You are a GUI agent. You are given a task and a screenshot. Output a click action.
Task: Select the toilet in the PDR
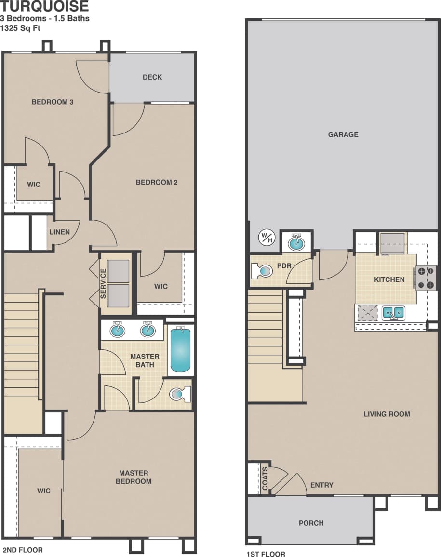(263, 271)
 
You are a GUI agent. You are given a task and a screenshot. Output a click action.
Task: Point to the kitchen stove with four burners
(426, 278)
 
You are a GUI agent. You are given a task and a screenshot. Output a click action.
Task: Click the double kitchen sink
(393, 313)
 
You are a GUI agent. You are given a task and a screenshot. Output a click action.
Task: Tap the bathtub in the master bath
(180, 349)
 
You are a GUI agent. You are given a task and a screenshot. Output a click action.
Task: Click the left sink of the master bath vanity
(117, 330)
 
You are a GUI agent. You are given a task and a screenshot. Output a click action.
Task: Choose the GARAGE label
(343, 134)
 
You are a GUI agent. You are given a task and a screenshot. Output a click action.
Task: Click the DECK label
(152, 77)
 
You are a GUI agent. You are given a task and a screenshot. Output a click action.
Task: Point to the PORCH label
(311, 523)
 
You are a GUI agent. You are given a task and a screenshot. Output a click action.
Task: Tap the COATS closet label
(265, 478)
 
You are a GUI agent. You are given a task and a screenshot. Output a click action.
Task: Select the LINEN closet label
(59, 232)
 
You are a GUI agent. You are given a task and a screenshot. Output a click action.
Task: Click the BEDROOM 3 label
(53, 102)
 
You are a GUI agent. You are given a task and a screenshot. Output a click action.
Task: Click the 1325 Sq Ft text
(21, 27)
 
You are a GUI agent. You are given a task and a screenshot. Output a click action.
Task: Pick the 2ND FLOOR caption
(23, 550)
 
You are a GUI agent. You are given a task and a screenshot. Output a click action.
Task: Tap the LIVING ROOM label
(387, 414)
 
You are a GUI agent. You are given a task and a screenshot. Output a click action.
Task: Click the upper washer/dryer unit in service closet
(118, 271)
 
